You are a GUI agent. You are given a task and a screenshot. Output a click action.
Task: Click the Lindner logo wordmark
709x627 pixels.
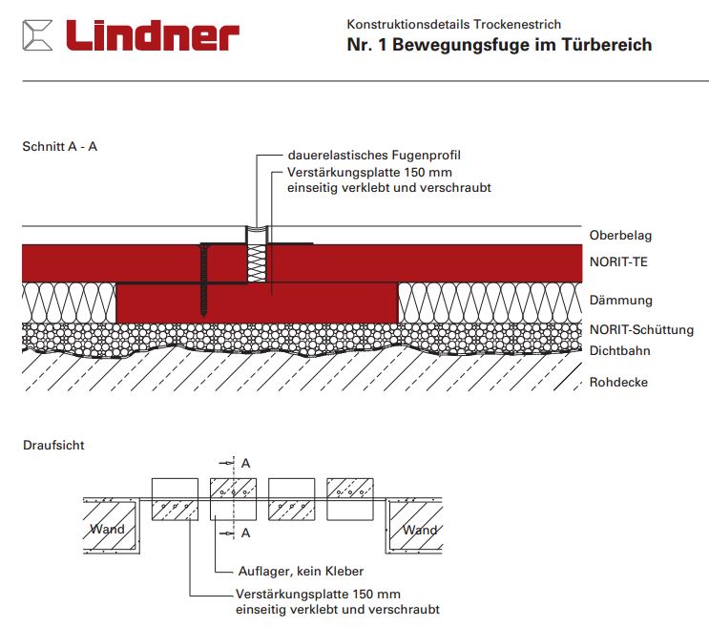click(152, 35)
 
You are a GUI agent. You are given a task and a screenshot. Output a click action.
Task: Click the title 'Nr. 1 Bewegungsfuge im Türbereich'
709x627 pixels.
click(499, 45)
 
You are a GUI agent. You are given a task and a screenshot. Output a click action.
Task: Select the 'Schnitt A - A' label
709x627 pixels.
click(59, 147)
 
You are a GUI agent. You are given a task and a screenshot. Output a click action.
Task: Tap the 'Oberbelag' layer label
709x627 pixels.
click(620, 236)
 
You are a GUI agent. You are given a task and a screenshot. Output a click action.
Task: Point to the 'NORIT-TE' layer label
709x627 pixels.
click(618, 261)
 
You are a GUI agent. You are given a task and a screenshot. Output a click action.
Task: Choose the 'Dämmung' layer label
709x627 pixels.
click(620, 300)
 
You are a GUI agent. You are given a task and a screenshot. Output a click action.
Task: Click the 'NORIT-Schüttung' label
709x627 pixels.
click(640, 330)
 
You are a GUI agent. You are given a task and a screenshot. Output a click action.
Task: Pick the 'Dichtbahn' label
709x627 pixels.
click(619, 350)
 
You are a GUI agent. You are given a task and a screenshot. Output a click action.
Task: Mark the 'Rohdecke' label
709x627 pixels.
click(618, 382)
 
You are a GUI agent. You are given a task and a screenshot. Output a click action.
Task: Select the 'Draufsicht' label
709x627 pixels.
click(53, 446)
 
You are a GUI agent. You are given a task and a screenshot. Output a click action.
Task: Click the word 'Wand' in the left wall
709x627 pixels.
click(107, 530)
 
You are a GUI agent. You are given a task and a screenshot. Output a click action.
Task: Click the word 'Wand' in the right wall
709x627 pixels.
click(420, 530)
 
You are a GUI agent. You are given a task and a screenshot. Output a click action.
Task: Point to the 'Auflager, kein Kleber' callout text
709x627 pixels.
click(300, 571)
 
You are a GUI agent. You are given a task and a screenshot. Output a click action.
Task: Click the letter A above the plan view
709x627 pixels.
click(246, 463)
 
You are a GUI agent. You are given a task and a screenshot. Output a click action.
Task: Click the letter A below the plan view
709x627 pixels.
click(246, 533)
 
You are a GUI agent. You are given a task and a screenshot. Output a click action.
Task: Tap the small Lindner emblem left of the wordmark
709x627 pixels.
click(38, 36)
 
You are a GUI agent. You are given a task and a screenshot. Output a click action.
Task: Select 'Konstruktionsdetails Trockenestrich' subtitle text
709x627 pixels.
click(453, 24)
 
